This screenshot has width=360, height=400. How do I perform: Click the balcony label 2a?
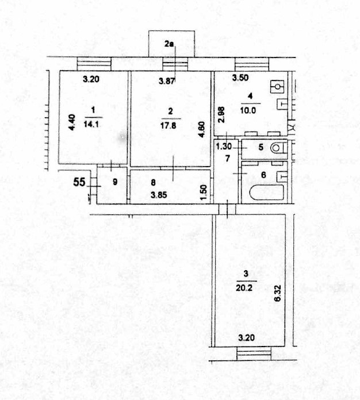[168, 44]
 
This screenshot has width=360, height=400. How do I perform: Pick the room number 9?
[114, 182]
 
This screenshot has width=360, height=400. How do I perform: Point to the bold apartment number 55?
[80, 183]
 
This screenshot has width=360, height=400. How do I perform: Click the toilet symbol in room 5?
[278, 148]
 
